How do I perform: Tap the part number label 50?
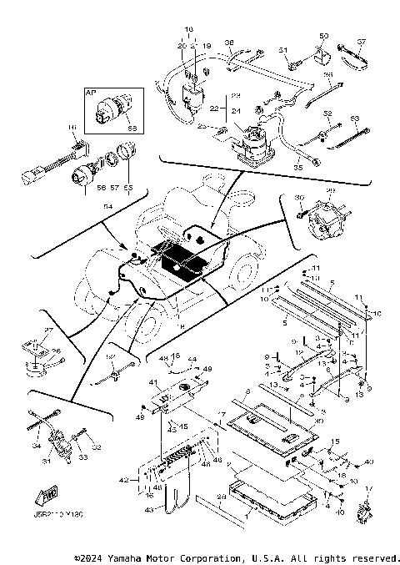(x=324, y=36)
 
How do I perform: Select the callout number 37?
(x=362, y=42)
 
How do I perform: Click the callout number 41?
(x=152, y=383)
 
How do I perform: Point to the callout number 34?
(x=35, y=446)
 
